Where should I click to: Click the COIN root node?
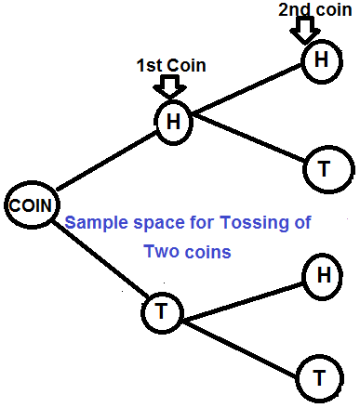click(31, 204)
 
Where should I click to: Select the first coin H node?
click(172, 121)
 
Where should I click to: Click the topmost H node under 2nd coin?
click(321, 60)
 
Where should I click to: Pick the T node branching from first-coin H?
click(325, 168)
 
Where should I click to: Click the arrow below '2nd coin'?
click(303, 30)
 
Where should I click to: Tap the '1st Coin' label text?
click(170, 65)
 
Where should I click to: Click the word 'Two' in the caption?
click(158, 252)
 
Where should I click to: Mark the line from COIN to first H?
click(102, 165)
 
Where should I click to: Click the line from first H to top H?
click(247, 90)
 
